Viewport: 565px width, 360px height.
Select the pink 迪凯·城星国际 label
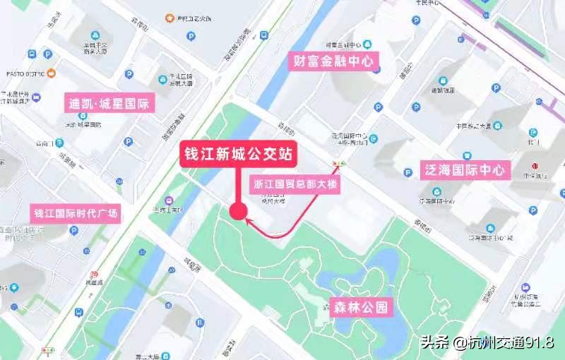[109, 104]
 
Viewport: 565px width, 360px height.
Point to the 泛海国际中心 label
[465, 169]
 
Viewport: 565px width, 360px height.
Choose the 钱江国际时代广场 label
[76, 212]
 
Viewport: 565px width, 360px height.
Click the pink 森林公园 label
[361, 307]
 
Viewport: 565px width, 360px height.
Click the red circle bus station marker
[238, 210]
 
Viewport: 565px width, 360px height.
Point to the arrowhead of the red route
[249, 221]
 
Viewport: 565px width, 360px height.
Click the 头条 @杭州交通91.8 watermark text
[487, 342]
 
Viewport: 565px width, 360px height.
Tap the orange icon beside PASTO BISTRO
[52, 73]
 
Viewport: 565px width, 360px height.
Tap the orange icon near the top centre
[169, 16]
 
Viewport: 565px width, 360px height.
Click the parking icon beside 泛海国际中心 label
[408, 172]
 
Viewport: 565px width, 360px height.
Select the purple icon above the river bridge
[168, 200]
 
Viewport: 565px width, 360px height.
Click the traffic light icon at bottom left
[49, 351]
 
